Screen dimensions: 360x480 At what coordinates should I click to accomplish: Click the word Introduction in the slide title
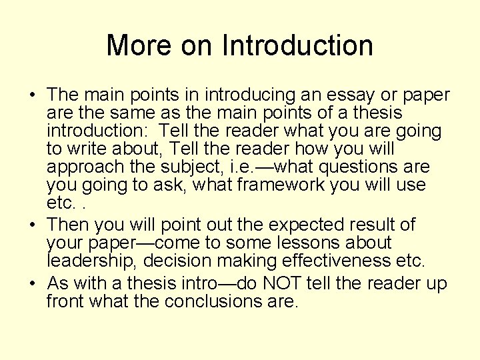[x=297, y=46]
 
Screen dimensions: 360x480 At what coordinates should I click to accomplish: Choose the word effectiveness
[x=331, y=261]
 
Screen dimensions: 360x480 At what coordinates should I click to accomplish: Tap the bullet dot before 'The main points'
[x=33, y=96]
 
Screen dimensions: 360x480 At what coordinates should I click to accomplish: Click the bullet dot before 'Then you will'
[x=33, y=225]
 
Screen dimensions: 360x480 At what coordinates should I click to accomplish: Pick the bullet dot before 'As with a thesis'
[x=33, y=284]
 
